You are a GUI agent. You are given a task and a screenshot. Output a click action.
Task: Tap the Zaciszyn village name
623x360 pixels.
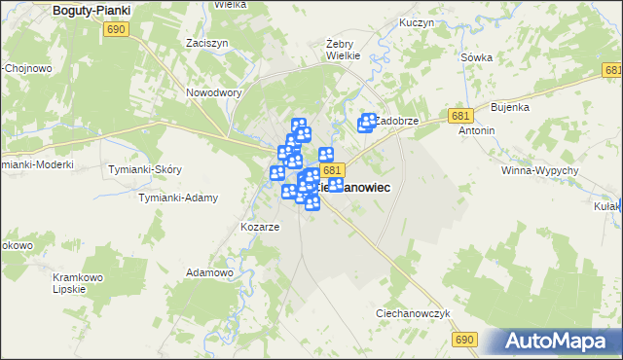(x=205, y=44)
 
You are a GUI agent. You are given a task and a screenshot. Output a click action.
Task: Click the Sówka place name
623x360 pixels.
(x=476, y=57)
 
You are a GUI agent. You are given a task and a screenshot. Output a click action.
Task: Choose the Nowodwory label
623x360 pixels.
(x=213, y=93)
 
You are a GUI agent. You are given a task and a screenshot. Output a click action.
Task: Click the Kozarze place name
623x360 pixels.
(x=260, y=227)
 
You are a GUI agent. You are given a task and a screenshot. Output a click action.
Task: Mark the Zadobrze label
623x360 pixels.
(x=397, y=121)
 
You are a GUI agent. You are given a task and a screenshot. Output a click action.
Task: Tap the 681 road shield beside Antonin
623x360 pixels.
(x=461, y=116)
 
